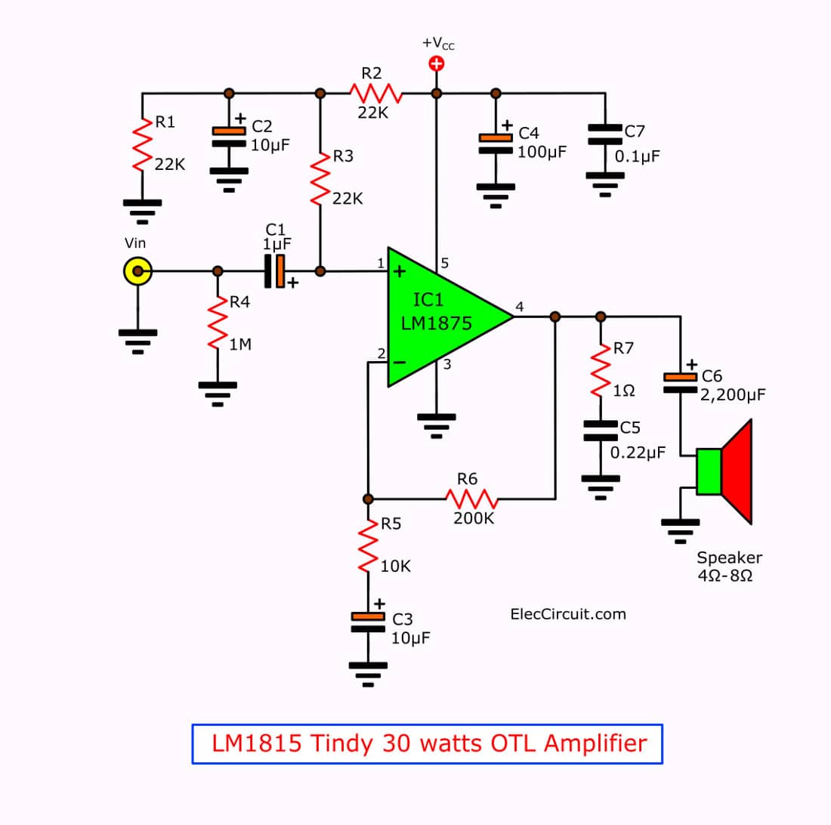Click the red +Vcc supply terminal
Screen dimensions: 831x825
click(436, 64)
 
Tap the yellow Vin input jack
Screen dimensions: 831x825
click(137, 271)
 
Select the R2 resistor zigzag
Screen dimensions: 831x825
click(376, 93)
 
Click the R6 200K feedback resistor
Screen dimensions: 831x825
click(471, 499)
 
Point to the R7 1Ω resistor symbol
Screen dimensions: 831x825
click(601, 370)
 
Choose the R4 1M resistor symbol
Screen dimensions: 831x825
click(218, 323)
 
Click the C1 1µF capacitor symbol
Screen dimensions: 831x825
click(274, 271)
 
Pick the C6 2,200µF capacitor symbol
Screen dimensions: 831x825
click(681, 383)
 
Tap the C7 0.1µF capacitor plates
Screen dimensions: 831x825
click(605, 134)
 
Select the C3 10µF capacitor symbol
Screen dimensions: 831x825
click(369, 623)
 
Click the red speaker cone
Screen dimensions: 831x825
click(737, 471)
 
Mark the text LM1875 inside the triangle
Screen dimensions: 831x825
click(436, 323)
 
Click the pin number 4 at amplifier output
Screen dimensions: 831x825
click(520, 306)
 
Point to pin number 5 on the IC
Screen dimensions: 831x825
click(445, 263)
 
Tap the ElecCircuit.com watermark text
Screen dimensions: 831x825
click(568, 614)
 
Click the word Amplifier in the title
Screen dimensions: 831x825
click(595, 743)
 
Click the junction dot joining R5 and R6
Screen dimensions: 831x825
click(369, 499)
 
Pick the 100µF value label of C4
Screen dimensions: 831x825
click(542, 153)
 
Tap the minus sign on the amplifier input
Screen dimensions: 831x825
click(400, 363)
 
